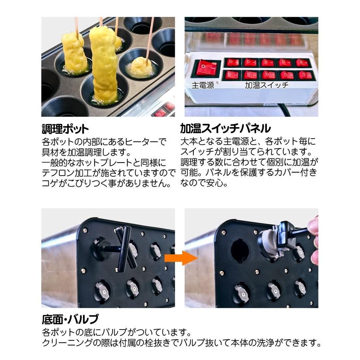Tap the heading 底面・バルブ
[x=70, y=317]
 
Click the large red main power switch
[x=206, y=68]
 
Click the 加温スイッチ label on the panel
[x=267, y=85]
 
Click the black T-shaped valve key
[x=122, y=248]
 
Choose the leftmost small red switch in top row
[x=233, y=63]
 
